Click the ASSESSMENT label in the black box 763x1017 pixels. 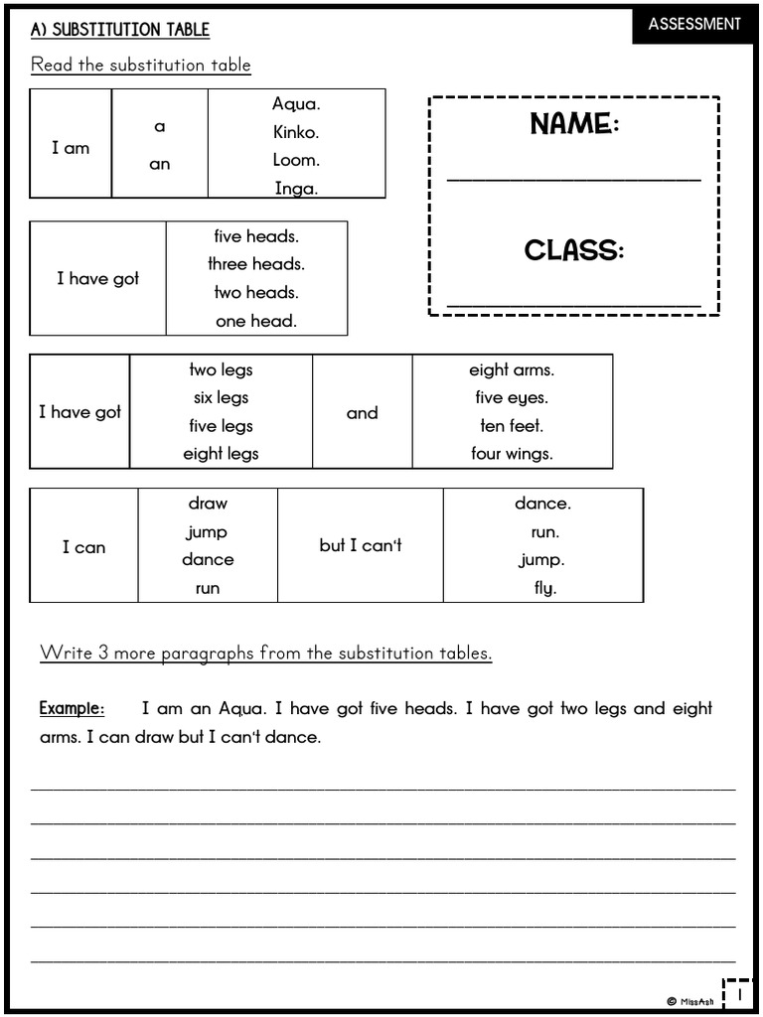[694, 24]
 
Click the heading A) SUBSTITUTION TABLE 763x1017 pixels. [120, 30]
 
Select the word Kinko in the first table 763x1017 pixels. [296, 132]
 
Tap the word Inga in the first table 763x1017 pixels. [296, 188]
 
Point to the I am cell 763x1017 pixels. [71, 148]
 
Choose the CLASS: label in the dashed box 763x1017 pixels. [574, 250]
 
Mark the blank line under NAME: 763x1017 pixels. [573, 180]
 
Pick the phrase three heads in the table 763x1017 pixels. [256, 264]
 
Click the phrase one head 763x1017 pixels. [256, 321]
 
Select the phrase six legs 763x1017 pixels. [221, 397]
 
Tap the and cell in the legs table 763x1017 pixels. [362, 413]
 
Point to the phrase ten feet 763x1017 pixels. [512, 426]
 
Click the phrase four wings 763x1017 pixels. [512, 454]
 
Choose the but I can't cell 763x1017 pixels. [361, 545]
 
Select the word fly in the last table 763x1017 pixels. [544, 588]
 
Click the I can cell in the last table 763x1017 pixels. [83, 547]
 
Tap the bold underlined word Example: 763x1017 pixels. [72, 709]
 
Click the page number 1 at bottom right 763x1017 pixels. [738, 993]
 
